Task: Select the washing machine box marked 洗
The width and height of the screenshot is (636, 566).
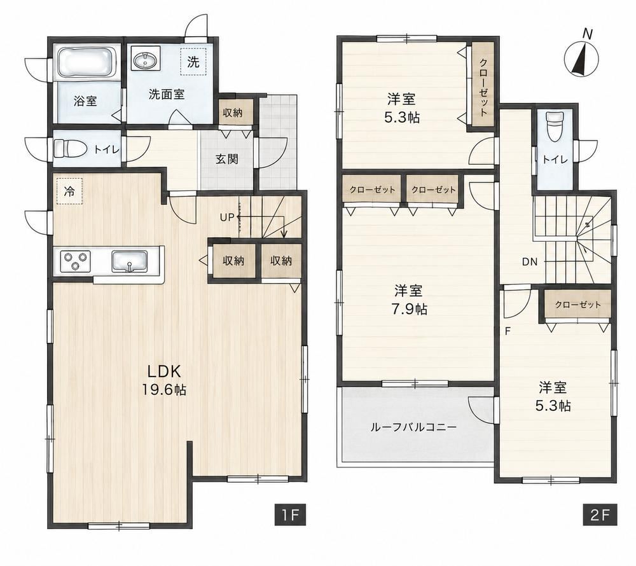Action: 193,62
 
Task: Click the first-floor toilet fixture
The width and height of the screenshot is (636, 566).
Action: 69,148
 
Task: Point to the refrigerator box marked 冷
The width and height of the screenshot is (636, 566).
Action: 69,191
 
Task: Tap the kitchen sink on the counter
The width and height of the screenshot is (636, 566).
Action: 130,261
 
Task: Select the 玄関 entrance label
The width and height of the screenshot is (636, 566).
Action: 227,160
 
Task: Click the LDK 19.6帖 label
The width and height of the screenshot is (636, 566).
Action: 163,380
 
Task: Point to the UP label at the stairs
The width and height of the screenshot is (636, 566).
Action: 227,217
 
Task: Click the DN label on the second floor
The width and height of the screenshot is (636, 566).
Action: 529,262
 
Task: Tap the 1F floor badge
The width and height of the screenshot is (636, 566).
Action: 289,515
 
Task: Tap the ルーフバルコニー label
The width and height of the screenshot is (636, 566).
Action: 414,427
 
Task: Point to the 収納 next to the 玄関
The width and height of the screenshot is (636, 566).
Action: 233,113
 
